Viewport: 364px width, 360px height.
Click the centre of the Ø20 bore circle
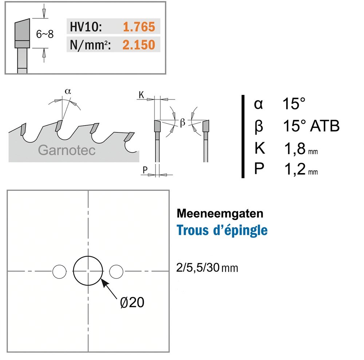coord(88,271)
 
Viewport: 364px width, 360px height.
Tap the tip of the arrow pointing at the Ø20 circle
coord(102,279)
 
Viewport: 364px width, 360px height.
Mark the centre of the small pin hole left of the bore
coord(59,271)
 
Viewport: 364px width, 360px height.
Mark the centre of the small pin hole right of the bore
coord(116,271)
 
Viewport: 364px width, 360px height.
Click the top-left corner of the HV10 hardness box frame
coord(5,2)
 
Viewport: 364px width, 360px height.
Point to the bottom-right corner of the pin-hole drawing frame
coord(169,352)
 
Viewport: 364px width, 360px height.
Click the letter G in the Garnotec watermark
coord(43,150)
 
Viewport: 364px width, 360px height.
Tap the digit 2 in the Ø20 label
coord(132,303)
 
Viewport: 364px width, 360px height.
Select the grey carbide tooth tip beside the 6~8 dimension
coord(22,33)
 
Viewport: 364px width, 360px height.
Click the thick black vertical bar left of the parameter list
coord(243,136)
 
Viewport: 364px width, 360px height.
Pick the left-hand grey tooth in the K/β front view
coord(157,125)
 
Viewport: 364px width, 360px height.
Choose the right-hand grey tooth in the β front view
coord(206,126)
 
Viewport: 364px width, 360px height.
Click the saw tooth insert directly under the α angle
coord(59,126)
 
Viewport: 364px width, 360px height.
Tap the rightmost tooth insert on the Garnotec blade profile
coord(129,137)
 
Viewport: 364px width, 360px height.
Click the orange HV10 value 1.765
coord(139,27)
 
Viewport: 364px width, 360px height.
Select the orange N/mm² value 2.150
coord(139,45)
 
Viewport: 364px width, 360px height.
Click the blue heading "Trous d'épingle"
coord(222,230)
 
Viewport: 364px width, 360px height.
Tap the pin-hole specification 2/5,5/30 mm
coord(207,268)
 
